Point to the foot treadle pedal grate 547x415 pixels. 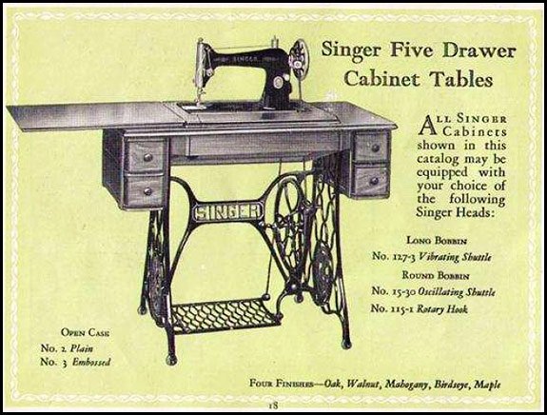pyautogui.click(x=225, y=315)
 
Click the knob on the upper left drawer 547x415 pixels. pyautogui.click(x=147, y=157)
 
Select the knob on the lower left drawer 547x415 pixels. pyautogui.click(x=147, y=191)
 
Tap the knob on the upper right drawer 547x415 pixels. pyautogui.click(x=376, y=148)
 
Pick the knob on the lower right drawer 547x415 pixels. pyautogui.click(x=374, y=181)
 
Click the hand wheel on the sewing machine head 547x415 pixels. pyautogui.click(x=300, y=58)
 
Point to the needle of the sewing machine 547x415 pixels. pyautogui.click(x=200, y=98)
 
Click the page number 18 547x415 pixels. pyautogui.click(x=273, y=405)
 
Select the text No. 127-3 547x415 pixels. pyautogui.click(x=394, y=256)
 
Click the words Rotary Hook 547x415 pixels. pyautogui.click(x=442, y=308)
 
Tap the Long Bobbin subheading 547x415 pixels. pyautogui.click(x=437, y=241)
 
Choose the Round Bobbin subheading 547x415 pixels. pyautogui.click(x=436, y=275)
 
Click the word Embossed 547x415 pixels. pyautogui.click(x=91, y=362)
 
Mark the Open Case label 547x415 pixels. pyautogui.click(x=85, y=332)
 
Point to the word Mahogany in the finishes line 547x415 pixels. pyautogui.click(x=406, y=384)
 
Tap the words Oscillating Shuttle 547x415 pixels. pyautogui.click(x=457, y=291)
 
